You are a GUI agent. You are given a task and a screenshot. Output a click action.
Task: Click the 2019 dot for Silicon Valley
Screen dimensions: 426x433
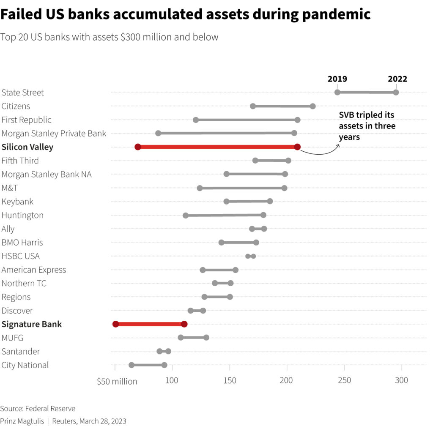[137, 147]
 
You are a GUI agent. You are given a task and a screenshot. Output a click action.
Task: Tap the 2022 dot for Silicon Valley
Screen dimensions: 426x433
[297, 147]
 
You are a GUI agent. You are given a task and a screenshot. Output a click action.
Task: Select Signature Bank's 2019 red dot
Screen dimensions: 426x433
[115, 324]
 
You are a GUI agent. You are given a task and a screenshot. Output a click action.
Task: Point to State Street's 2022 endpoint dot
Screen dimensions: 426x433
[396, 93]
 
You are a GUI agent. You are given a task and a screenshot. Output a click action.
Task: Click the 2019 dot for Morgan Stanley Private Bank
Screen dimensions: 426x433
[158, 133]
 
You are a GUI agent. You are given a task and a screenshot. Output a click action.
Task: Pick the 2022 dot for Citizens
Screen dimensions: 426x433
[312, 106]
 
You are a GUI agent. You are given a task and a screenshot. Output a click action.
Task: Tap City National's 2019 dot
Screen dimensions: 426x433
[132, 365]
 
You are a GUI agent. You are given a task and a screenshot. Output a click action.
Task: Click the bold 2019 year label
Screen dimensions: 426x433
[337, 79]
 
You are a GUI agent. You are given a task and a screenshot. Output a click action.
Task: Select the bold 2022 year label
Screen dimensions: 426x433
[397, 79]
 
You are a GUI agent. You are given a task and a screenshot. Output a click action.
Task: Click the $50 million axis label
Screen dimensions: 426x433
[117, 381]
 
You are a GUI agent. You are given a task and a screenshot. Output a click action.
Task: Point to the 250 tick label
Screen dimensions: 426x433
[345, 380]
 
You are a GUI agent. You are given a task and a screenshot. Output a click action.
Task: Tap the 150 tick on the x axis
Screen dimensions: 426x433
[230, 380]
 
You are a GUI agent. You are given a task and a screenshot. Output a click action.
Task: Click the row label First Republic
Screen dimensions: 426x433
[27, 120]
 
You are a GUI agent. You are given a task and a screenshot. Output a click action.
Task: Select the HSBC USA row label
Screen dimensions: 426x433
[21, 256]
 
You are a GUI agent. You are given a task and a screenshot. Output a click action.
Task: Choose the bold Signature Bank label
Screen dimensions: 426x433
[32, 324]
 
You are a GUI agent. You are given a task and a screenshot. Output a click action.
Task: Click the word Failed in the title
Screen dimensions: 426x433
[21, 14]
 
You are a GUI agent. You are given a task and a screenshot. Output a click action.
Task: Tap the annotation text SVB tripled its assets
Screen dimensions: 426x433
[367, 126]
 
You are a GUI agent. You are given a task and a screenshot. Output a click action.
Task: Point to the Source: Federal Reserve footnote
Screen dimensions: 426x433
[38, 409]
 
